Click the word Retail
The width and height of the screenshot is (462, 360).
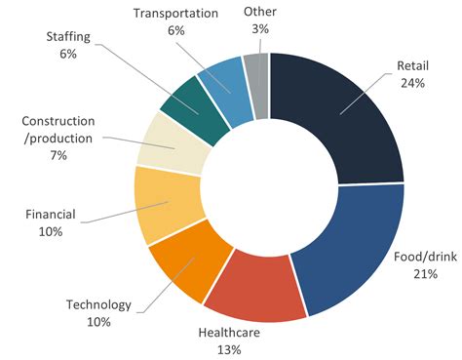(412, 66)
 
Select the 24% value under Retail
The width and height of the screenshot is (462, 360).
(412, 84)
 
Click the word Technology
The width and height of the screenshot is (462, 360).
(97, 304)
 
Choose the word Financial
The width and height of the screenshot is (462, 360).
(51, 213)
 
